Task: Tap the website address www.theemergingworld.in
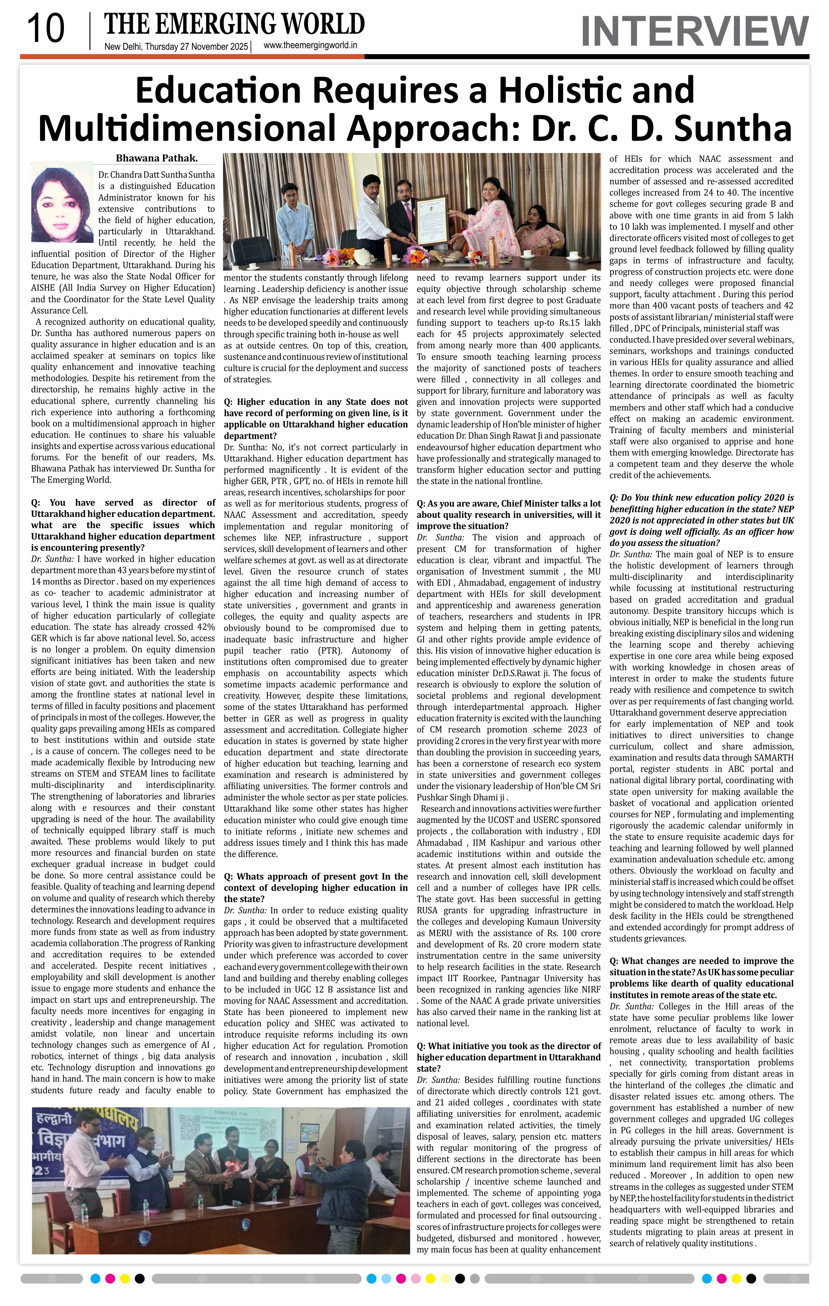[310, 46]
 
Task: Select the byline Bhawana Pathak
[157, 158]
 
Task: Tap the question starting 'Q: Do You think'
[701, 520]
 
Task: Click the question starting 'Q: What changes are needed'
[701, 977]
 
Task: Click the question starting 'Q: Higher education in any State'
[316, 419]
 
